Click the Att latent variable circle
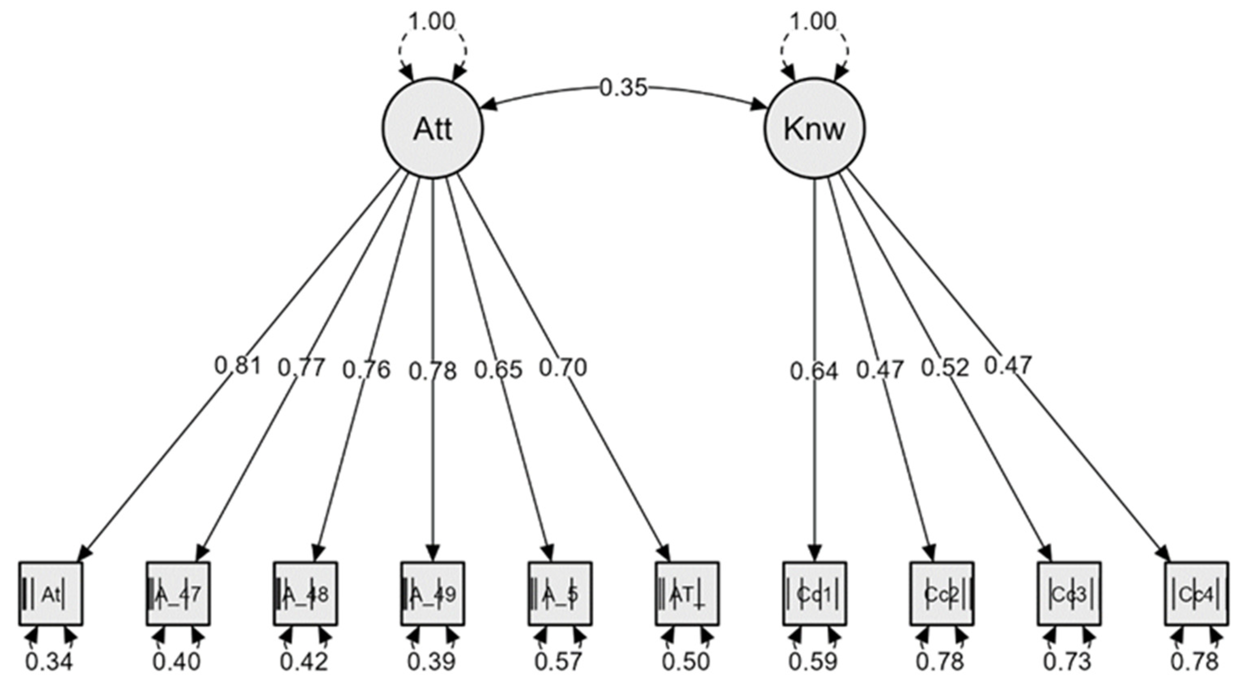(x=433, y=129)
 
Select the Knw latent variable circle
(x=815, y=129)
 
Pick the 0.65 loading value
(x=498, y=370)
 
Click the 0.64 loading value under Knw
(x=814, y=371)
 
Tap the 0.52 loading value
(x=945, y=369)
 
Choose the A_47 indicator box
(x=178, y=594)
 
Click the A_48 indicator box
(x=305, y=594)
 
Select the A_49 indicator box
(x=433, y=594)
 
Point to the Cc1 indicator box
(x=815, y=594)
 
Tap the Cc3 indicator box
(x=1069, y=594)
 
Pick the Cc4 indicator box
(x=1196, y=594)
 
